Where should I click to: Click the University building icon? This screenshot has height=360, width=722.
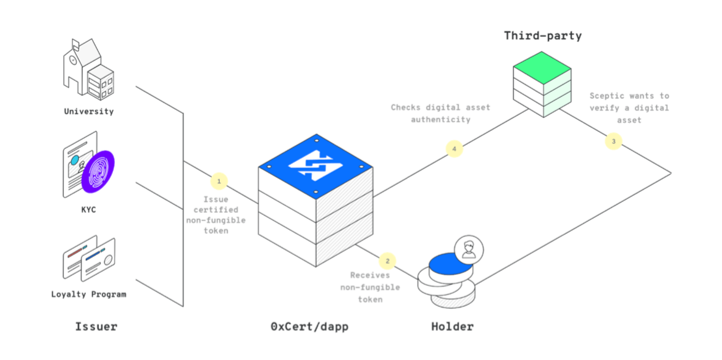pos(88,69)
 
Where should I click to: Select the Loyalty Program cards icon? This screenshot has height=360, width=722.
pos(89,257)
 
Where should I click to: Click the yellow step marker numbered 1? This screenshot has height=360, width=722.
pos(219,182)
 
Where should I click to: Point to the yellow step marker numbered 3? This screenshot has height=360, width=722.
pos(613,141)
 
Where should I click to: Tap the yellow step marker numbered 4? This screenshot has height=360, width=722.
pos(455,149)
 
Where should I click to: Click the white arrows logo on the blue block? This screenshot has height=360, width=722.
pos(316,165)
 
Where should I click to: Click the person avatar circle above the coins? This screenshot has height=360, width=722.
pos(469,249)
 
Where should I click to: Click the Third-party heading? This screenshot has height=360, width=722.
pos(543,36)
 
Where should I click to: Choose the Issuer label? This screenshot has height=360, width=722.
pos(96,326)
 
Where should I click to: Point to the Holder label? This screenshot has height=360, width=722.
pos(452,326)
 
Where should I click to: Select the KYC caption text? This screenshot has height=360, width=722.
pos(88,209)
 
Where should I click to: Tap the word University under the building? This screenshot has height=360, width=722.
pos(89,112)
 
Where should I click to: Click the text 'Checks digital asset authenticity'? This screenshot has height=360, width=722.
pos(440,113)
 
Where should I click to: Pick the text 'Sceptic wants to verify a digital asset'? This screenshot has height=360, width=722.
pos(629,108)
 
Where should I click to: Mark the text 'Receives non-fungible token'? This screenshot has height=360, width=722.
pos(370,287)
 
